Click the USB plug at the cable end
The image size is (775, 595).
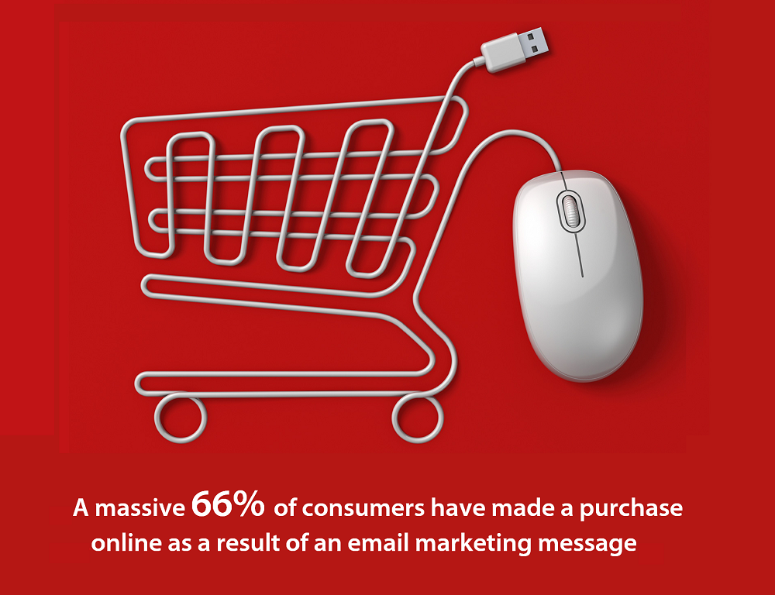pos(515,49)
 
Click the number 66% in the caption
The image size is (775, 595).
pos(228,504)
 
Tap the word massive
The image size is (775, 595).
pos(139,508)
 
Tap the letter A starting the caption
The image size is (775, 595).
pos(81,509)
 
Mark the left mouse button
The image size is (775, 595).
pos(539,208)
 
